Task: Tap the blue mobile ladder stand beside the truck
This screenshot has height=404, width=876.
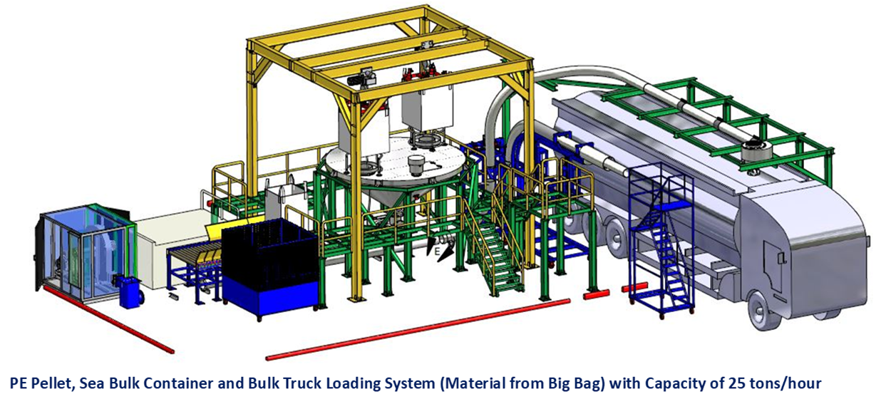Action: (661, 242)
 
